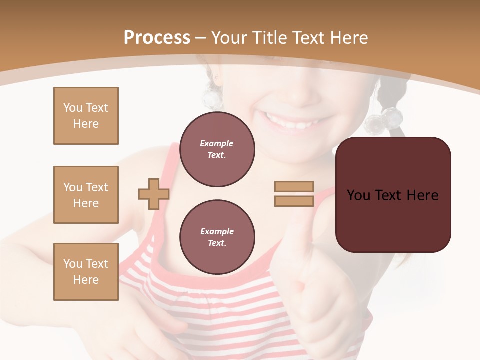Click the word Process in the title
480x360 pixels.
[x=157, y=38]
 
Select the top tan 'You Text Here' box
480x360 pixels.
[x=86, y=116]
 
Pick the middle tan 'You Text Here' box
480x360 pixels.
[x=86, y=195]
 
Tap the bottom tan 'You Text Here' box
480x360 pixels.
[x=86, y=272]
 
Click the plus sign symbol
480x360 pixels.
[x=154, y=194]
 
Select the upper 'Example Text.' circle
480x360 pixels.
[x=217, y=149]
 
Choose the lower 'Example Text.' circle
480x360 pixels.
[x=217, y=237]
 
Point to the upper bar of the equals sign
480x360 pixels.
[x=294, y=186]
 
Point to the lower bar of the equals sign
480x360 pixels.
[x=294, y=201]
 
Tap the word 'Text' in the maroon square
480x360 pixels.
[x=392, y=195]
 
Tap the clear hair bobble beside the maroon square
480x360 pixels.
[x=383, y=120]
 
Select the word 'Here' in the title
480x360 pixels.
[x=349, y=38]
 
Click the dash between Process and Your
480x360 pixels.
[x=201, y=38]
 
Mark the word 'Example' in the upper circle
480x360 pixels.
[x=217, y=143]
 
